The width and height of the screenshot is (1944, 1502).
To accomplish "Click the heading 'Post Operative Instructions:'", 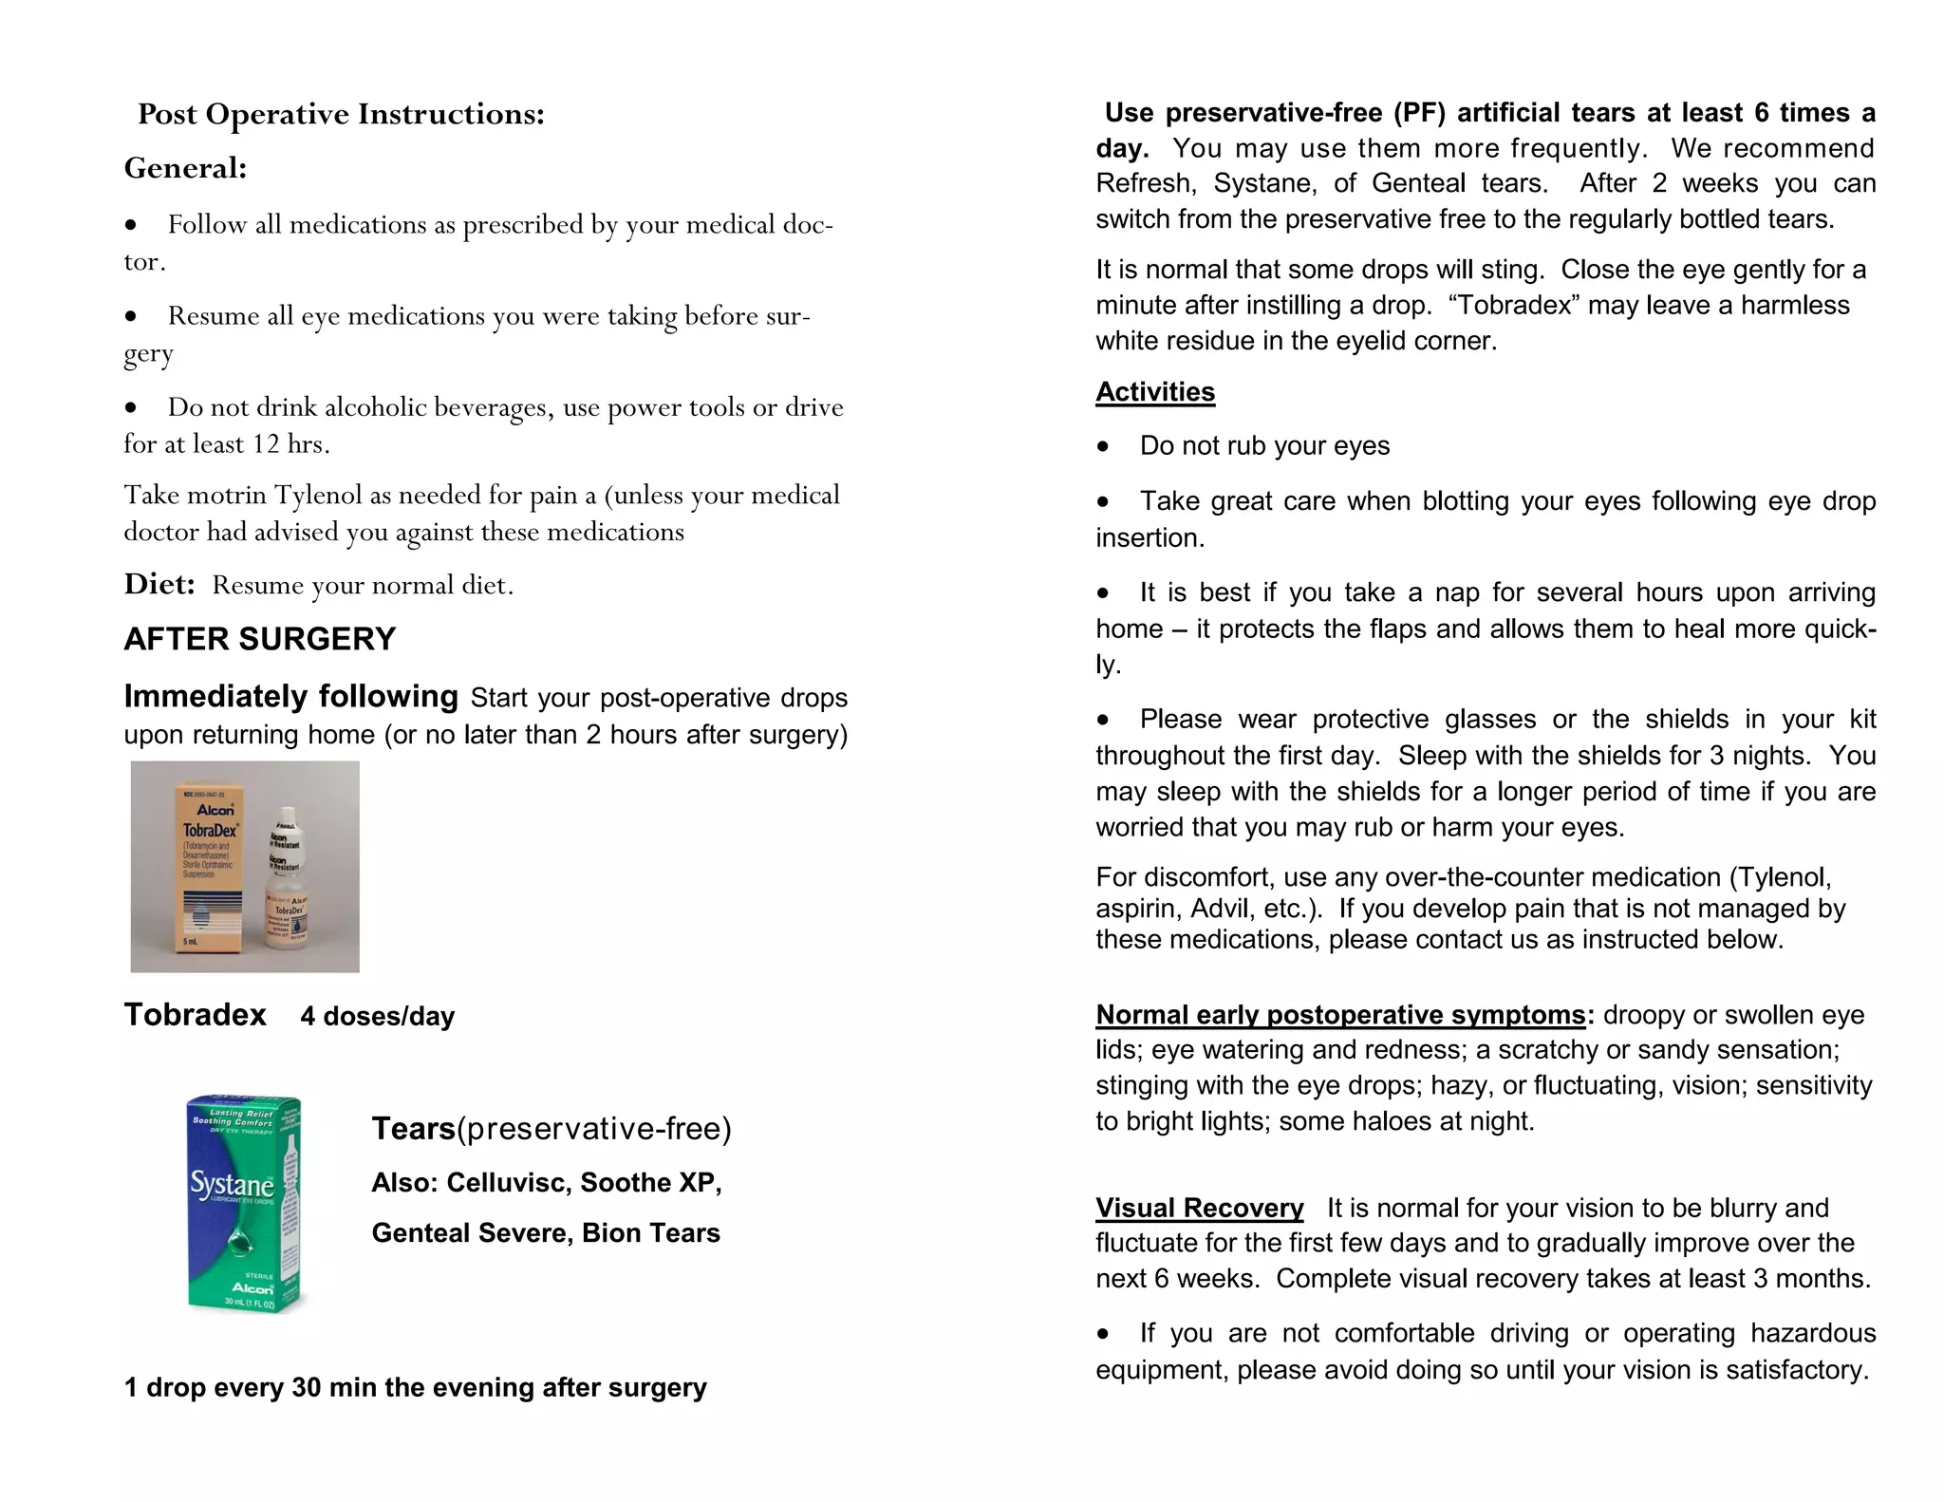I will point(341,114).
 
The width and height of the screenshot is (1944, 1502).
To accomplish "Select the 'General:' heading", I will point(185,168).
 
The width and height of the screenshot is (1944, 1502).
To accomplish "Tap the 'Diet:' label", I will point(159,584).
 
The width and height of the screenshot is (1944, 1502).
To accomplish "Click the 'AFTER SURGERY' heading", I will point(259,639).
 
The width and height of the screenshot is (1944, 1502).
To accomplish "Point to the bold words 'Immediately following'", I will point(290,696).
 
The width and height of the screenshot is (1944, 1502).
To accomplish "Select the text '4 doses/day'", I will point(377,1016).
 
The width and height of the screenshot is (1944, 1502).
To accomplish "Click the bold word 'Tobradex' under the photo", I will point(195,1014).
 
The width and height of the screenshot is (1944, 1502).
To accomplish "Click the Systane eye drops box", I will point(244,1204).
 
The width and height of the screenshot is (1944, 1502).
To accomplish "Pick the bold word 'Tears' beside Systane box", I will point(413,1128).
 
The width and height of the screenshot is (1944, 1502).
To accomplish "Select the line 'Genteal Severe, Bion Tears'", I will point(545,1232).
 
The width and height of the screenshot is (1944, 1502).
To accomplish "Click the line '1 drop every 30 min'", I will point(415,1387).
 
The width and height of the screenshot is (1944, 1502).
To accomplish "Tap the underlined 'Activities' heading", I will point(1154,391).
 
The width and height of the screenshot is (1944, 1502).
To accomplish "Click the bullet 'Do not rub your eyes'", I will point(1263,445).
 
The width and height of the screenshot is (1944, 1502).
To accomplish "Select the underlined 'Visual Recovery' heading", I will point(1199,1208).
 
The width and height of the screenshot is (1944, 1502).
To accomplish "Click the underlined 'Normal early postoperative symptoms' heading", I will point(1339,1014).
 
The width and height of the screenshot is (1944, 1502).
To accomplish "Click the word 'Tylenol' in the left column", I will point(318,495).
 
